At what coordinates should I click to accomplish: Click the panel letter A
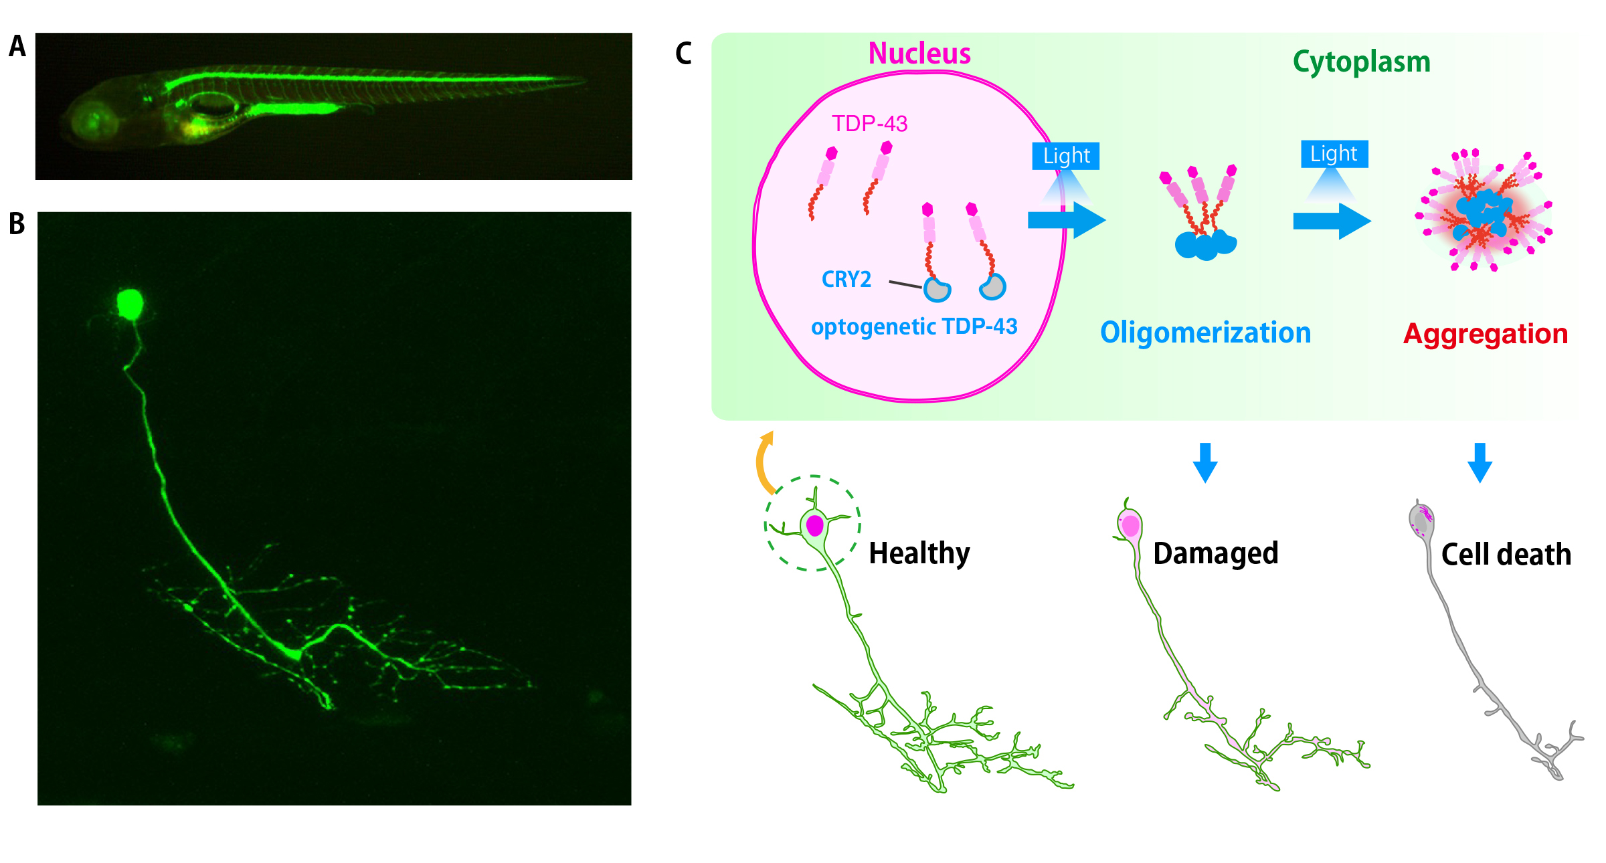(x=17, y=47)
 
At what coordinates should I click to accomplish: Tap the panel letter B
(x=17, y=224)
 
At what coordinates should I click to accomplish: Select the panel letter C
(x=683, y=54)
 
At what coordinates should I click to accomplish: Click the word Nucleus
(x=919, y=54)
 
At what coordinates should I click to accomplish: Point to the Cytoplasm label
(x=1361, y=62)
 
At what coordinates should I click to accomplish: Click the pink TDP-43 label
(x=869, y=124)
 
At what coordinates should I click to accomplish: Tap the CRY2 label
(x=846, y=279)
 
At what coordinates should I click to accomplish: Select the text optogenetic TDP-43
(x=913, y=326)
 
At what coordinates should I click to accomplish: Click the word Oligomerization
(x=1205, y=332)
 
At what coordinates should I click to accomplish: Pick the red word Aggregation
(x=1485, y=334)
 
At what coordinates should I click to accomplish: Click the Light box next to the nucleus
(x=1065, y=156)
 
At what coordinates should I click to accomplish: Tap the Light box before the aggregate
(x=1334, y=154)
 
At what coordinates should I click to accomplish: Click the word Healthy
(x=919, y=553)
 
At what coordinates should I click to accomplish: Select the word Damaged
(x=1215, y=553)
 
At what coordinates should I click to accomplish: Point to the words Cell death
(x=1506, y=555)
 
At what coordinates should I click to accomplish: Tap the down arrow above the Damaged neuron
(x=1204, y=462)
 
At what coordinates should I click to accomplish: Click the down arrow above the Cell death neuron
(x=1480, y=462)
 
